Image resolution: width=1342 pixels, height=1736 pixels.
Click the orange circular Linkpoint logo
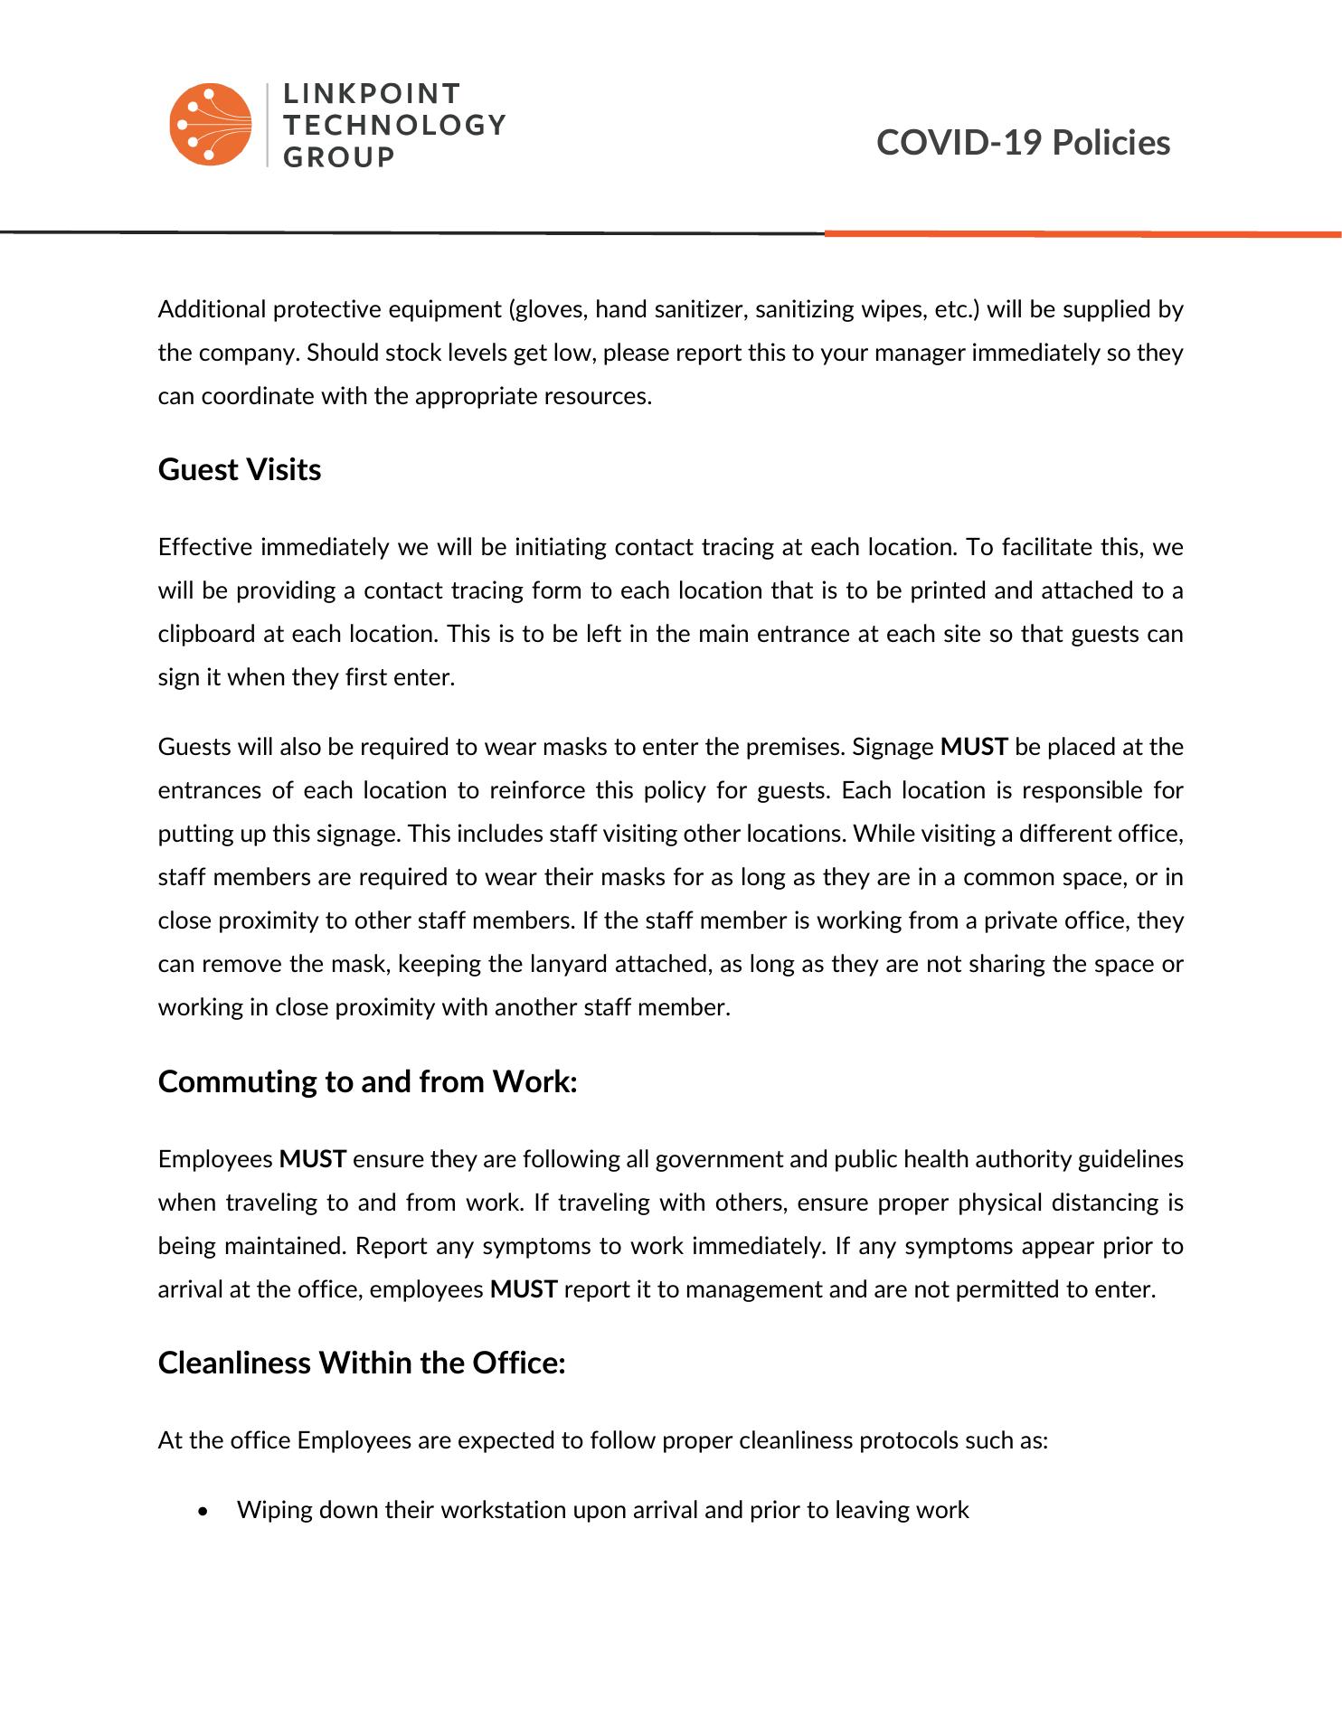[210, 125]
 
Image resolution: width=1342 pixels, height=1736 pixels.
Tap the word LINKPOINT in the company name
[372, 94]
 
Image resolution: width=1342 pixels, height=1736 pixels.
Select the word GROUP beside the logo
[339, 157]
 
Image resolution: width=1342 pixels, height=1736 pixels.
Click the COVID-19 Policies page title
[1023, 143]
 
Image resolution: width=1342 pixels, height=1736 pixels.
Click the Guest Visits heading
[240, 470]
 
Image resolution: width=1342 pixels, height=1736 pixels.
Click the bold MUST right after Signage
[974, 747]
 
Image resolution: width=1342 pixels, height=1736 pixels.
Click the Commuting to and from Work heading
[367, 1081]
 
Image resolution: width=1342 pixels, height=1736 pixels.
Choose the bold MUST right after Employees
[313, 1159]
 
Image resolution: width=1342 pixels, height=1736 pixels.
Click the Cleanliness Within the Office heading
[362, 1363]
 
